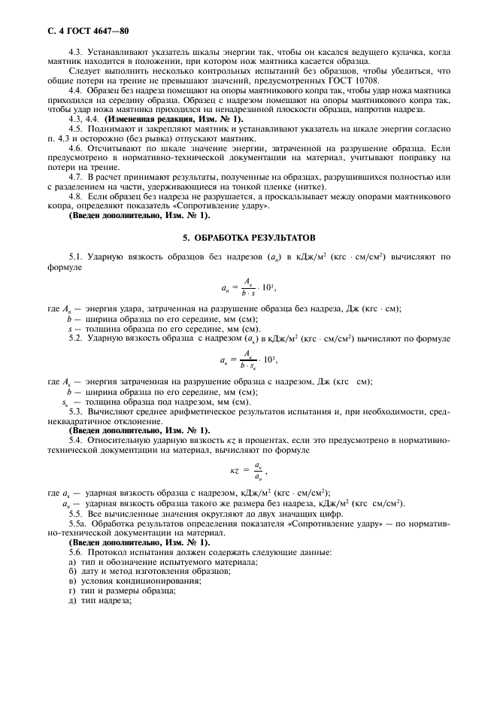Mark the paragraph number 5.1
(75, 256)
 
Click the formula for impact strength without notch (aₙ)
(248, 287)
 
